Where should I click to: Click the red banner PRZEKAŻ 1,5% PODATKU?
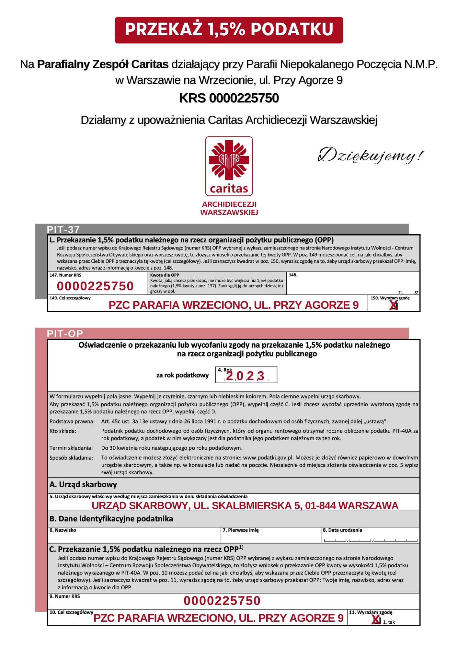[x=229, y=30]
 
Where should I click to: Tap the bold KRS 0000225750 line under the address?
[x=229, y=98]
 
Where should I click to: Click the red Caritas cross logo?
[x=229, y=160]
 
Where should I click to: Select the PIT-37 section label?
[x=63, y=229]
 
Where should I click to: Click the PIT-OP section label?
[x=65, y=333]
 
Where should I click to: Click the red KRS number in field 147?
[x=95, y=286]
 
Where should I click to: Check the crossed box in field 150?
[x=394, y=305]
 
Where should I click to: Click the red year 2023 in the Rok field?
[x=245, y=376]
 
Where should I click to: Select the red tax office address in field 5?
[x=245, y=505]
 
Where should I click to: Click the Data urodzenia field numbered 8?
[x=370, y=538]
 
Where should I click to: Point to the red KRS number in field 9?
[x=222, y=601]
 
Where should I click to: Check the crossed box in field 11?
[x=376, y=620]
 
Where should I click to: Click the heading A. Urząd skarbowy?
[x=83, y=484]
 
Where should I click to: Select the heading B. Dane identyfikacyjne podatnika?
[x=111, y=519]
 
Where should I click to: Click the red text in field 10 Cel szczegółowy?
[x=218, y=618]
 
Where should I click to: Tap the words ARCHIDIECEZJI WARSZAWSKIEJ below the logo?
[x=229, y=208]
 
